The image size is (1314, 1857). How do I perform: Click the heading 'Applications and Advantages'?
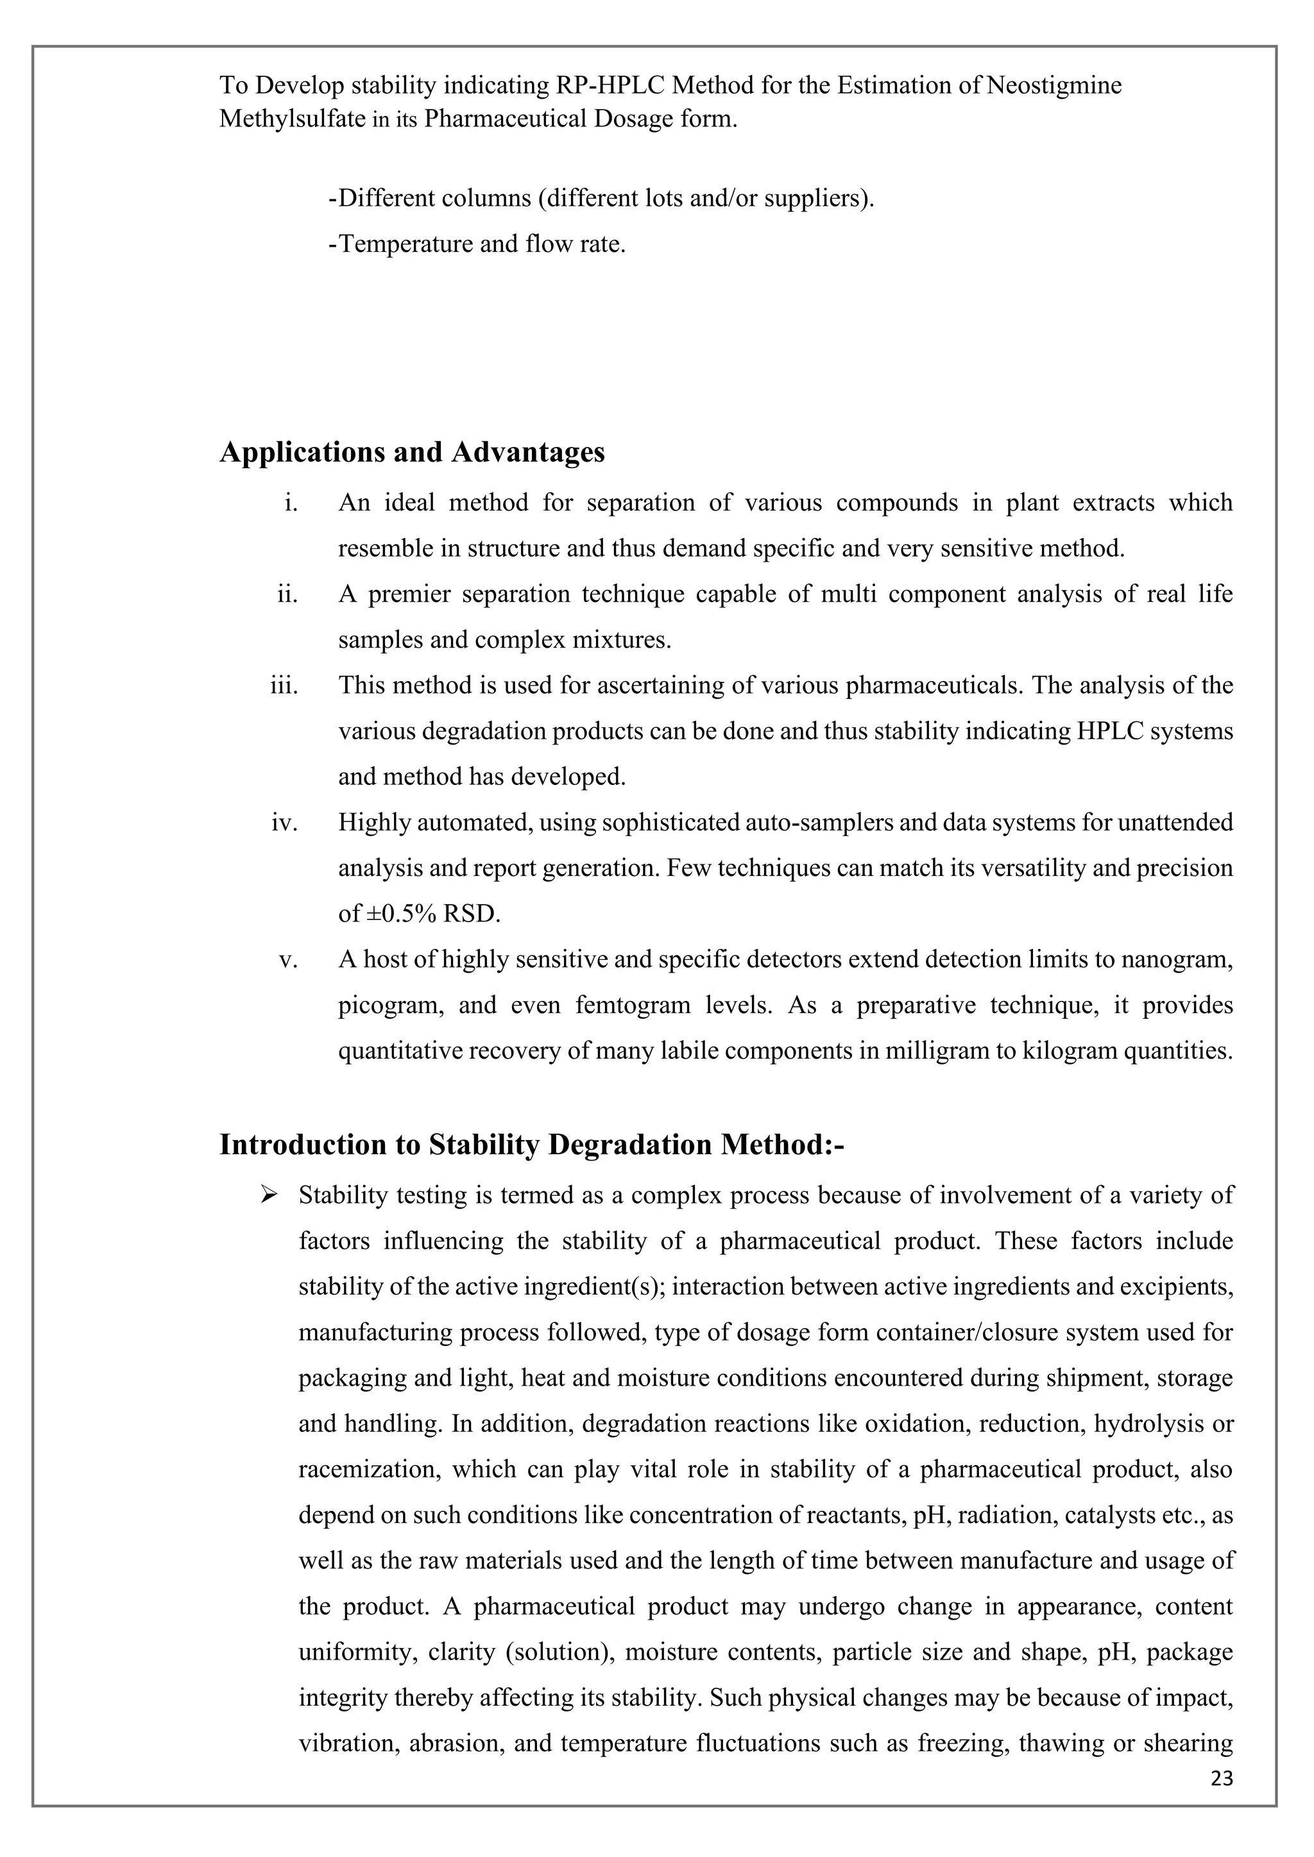click(412, 452)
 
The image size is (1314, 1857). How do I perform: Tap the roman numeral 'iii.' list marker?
click(284, 686)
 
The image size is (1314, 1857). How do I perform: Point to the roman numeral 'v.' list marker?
click(288, 960)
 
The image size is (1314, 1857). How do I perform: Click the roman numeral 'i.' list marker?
click(291, 503)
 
